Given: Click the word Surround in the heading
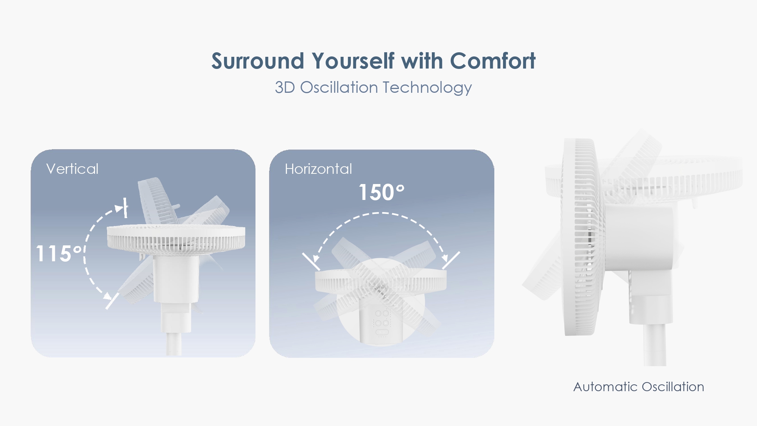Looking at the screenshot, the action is click(258, 61).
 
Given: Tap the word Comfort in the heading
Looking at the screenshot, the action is click(493, 61).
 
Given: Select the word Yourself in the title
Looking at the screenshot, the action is click(353, 61).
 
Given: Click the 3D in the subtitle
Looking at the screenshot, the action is click(285, 87).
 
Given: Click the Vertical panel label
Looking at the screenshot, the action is click(72, 169).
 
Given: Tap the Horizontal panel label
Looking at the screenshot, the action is click(318, 169).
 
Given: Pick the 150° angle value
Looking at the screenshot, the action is click(382, 192).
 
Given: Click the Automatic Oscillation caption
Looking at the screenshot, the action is click(639, 387).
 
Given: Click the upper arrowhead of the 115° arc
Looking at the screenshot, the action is click(120, 208).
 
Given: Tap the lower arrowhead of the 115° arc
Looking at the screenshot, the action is click(108, 296).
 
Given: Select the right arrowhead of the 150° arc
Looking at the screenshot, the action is click(445, 258).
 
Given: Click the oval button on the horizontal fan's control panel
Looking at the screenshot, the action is click(382, 332).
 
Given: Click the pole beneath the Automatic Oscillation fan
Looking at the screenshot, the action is click(654, 345).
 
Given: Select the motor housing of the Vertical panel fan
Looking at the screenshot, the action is click(176, 279).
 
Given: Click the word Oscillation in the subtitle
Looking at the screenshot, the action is click(339, 87).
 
